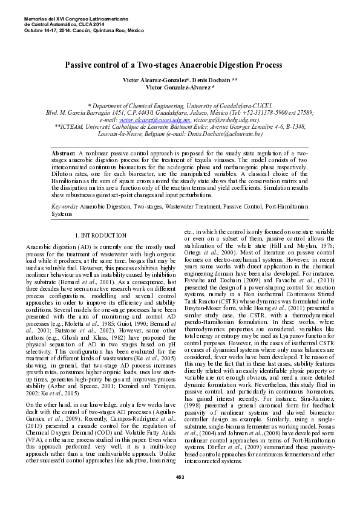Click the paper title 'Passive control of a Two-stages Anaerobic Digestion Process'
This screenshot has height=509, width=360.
(x=173, y=64)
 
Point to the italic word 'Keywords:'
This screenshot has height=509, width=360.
(x=64, y=206)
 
